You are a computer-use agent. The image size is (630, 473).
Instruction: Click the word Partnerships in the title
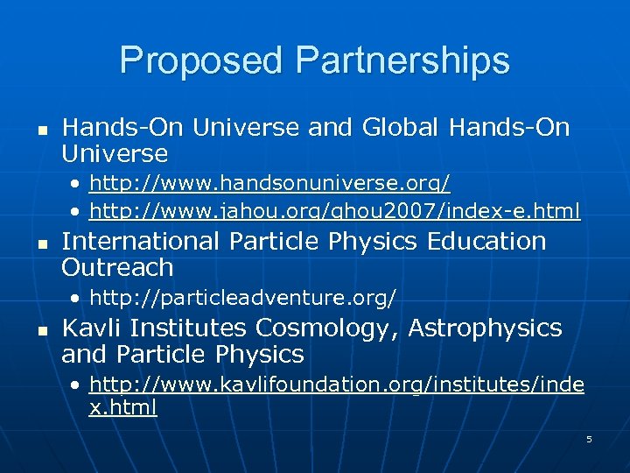(x=402, y=60)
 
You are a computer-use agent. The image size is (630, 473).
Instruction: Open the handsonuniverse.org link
(x=270, y=183)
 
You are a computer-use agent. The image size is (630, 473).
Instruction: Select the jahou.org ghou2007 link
(x=335, y=210)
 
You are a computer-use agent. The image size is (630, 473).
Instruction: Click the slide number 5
(x=589, y=439)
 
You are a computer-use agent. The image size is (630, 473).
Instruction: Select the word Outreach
(x=117, y=267)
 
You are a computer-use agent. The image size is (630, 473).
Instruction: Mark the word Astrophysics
(x=486, y=328)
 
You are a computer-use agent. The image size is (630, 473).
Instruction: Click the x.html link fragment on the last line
(x=123, y=408)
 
